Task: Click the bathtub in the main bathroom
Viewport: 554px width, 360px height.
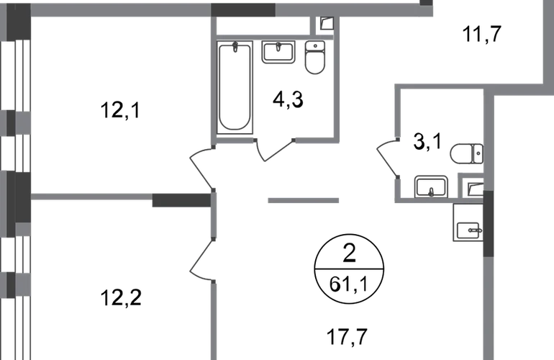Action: coord(235,86)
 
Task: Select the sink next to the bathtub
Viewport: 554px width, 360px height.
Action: coord(276,53)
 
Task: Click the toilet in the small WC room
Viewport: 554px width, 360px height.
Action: coord(466,153)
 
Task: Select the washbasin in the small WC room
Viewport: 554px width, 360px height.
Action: coord(429,185)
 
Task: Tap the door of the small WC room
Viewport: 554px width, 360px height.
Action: coord(387,158)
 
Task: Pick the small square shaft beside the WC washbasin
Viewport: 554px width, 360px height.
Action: coord(474,189)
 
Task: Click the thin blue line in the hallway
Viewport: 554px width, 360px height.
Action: coord(304,202)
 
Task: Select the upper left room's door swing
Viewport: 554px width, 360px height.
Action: coord(202,166)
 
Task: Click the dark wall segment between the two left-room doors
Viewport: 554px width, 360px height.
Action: coord(180,199)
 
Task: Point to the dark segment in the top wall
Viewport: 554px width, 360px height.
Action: coord(243,9)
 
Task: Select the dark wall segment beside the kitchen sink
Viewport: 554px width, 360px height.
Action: coord(489,223)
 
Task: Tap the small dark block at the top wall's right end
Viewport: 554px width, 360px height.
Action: coord(427,9)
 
